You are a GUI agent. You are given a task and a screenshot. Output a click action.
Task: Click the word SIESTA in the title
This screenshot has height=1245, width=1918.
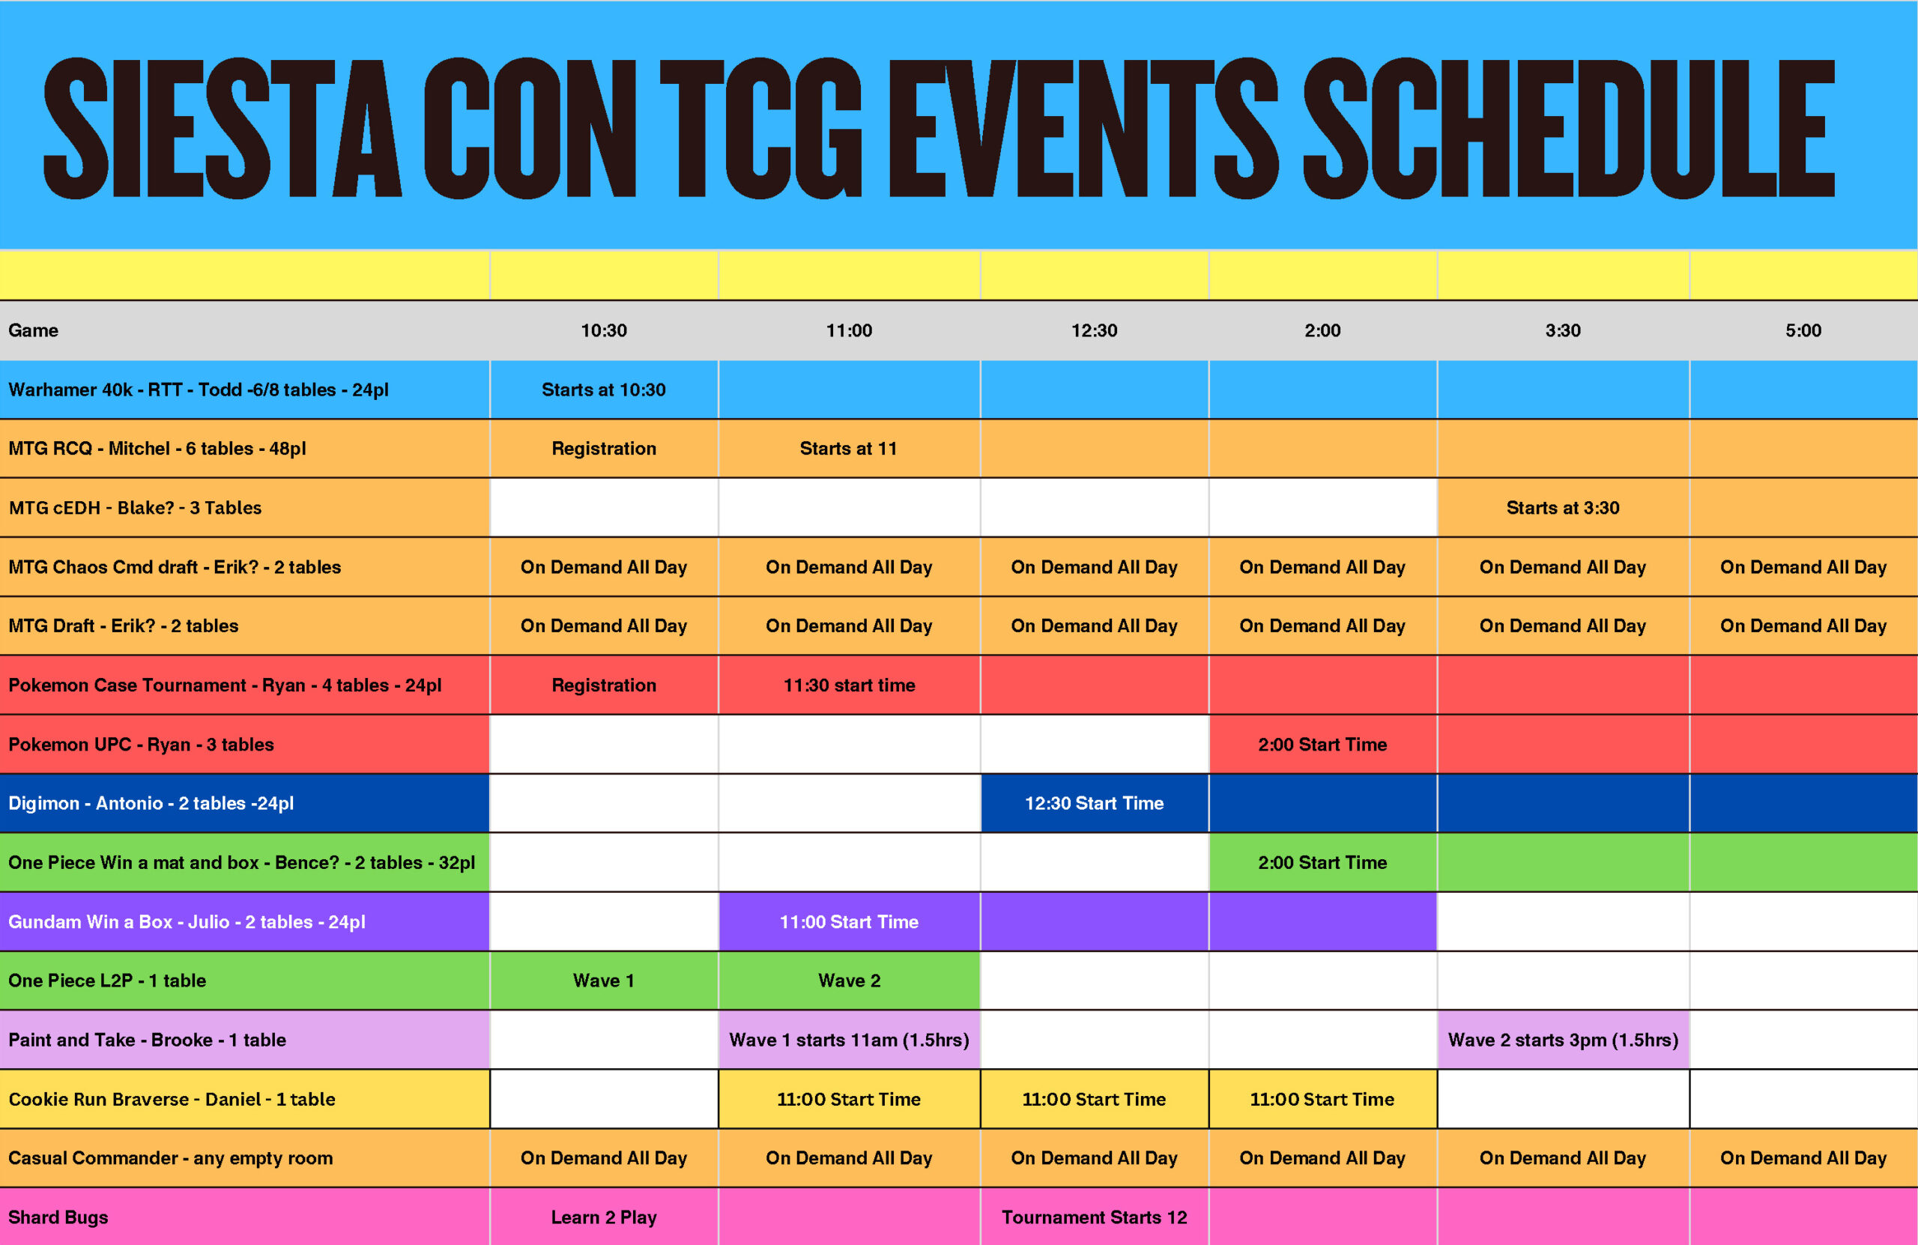[x=223, y=128]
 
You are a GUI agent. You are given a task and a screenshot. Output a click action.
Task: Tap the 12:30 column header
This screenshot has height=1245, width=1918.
[x=1094, y=330]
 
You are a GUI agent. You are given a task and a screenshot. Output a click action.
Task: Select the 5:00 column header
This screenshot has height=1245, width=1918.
[x=1803, y=330]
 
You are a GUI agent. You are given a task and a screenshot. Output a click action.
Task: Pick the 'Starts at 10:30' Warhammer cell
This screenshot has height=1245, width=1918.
[x=604, y=390]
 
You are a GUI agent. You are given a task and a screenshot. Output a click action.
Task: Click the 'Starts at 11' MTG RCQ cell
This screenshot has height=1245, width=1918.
[x=849, y=449]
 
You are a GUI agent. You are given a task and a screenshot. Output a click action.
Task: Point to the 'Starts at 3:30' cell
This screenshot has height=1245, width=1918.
[x=1563, y=508]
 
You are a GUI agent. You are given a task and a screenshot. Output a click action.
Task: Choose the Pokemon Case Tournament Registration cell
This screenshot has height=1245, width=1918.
[x=604, y=685]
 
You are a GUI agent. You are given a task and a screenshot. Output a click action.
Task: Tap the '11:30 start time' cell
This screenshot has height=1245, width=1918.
[x=850, y=685]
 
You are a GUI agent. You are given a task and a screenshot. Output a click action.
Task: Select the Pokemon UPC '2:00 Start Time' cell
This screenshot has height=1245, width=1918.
[x=1322, y=745]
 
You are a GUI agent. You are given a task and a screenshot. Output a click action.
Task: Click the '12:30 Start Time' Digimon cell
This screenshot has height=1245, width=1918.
[x=1095, y=804]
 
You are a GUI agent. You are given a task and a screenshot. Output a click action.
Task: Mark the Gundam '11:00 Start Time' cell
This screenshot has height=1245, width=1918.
[x=850, y=922]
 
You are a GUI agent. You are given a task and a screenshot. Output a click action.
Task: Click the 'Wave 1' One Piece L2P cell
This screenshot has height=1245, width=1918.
[x=604, y=981]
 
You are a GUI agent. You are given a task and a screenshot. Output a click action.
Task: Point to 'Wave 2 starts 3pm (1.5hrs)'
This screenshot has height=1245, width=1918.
[x=1564, y=1040]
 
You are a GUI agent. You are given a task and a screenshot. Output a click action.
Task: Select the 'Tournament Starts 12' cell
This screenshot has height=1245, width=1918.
[x=1095, y=1217]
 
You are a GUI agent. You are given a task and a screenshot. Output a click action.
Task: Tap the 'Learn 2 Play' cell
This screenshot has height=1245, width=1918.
[x=604, y=1217]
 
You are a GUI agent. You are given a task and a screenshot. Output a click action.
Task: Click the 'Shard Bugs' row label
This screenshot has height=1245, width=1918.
[x=58, y=1217]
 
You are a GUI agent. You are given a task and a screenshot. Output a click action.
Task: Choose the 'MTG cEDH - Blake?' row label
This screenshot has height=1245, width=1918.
[x=136, y=508]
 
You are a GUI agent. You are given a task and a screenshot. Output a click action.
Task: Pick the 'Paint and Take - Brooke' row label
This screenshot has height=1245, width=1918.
[x=148, y=1040]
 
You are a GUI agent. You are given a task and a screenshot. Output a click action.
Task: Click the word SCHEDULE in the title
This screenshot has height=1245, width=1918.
[x=1569, y=128]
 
